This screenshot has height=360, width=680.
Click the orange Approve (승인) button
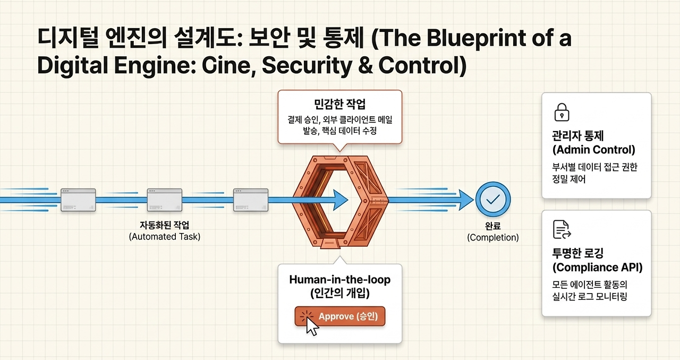tap(339, 316)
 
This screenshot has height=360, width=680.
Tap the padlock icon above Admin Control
tap(562, 113)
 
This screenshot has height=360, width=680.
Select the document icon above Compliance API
tap(562, 229)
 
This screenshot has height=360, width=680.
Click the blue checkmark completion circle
tap(492, 199)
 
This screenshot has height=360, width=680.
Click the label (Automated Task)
tap(165, 237)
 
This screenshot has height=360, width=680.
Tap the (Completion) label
tap(492, 237)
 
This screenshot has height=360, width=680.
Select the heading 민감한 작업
tap(339, 104)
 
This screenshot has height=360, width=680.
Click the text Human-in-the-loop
tap(339, 280)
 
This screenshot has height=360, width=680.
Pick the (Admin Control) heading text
tap(594, 150)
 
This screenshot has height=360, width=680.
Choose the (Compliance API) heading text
tap(598, 268)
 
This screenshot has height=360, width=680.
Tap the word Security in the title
tap(307, 65)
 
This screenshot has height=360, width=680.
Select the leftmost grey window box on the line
tap(78, 200)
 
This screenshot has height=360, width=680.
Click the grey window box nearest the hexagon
tap(251, 200)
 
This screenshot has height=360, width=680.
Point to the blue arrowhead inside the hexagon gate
tap(341, 200)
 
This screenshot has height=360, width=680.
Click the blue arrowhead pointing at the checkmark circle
tap(466, 200)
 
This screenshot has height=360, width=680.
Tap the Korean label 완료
tap(492, 226)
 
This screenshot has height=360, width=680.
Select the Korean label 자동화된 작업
tap(165, 225)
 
